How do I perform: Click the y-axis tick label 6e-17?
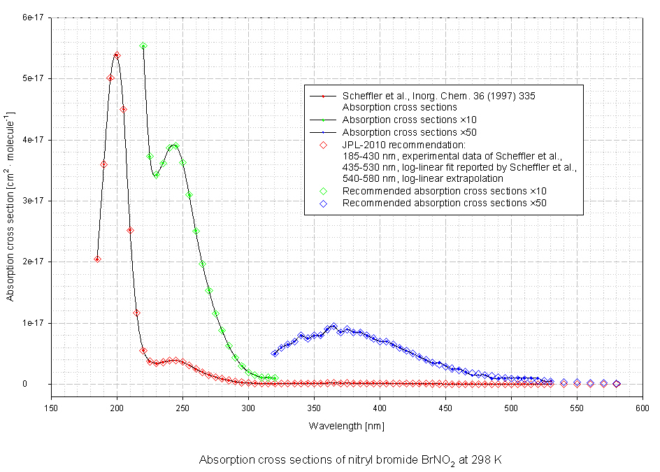coord(32,17)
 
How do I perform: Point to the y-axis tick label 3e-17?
coord(32,201)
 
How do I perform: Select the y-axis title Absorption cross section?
coord(10,206)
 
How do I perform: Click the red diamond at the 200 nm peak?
coord(117,55)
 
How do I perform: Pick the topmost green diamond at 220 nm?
coord(143,46)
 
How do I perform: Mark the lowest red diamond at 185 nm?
coord(97,259)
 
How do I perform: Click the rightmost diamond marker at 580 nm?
coord(617,384)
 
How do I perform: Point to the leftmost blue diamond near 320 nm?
coord(275,353)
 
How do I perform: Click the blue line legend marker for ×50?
coord(324,131)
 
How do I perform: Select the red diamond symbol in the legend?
coord(324,144)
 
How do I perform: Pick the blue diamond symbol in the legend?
coord(324,203)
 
